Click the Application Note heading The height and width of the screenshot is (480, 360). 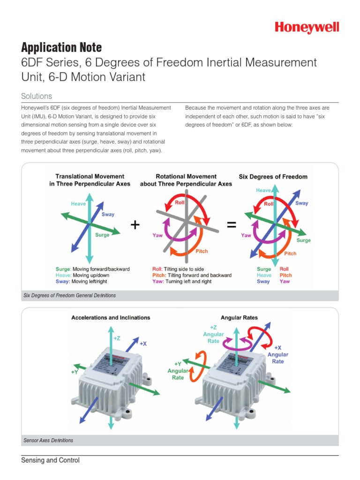click(61, 47)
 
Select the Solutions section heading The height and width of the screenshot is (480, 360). click(37, 96)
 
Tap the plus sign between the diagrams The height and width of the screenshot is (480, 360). click(135, 225)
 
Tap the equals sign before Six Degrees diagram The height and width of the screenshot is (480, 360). click(231, 225)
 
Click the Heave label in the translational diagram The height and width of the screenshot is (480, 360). click(78, 204)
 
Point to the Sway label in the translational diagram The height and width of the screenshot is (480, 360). click(108, 214)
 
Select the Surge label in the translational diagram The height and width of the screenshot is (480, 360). click(102, 235)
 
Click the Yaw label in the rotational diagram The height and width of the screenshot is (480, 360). click(157, 235)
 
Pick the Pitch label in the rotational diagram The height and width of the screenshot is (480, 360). click(202, 251)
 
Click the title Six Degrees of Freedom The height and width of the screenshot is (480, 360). click(273, 177)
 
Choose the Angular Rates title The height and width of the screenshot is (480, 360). click(239, 317)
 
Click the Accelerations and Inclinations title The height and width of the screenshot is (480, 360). click(111, 317)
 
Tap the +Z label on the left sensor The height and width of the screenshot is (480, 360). click(117, 337)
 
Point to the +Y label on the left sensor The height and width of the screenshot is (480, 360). click(75, 372)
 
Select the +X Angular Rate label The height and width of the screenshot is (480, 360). click(277, 354)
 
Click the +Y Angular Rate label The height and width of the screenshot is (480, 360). click(178, 370)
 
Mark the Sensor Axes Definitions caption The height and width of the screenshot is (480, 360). click(48, 441)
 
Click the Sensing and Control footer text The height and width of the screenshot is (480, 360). click(50, 460)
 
